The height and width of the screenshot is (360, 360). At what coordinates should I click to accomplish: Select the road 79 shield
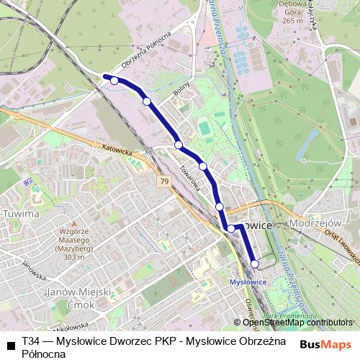pyautogui.click(x=165, y=181)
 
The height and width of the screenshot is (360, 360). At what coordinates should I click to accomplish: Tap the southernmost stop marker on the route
pyautogui.click(x=255, y=264)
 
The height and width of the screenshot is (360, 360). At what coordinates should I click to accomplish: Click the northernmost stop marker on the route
pyautogui.click(x=114, y=81)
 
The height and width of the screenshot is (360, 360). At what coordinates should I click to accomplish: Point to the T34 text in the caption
pyautogui.click(x=31, y=341)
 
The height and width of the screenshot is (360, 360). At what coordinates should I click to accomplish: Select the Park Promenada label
pyautogui.click(x=282, y=315)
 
